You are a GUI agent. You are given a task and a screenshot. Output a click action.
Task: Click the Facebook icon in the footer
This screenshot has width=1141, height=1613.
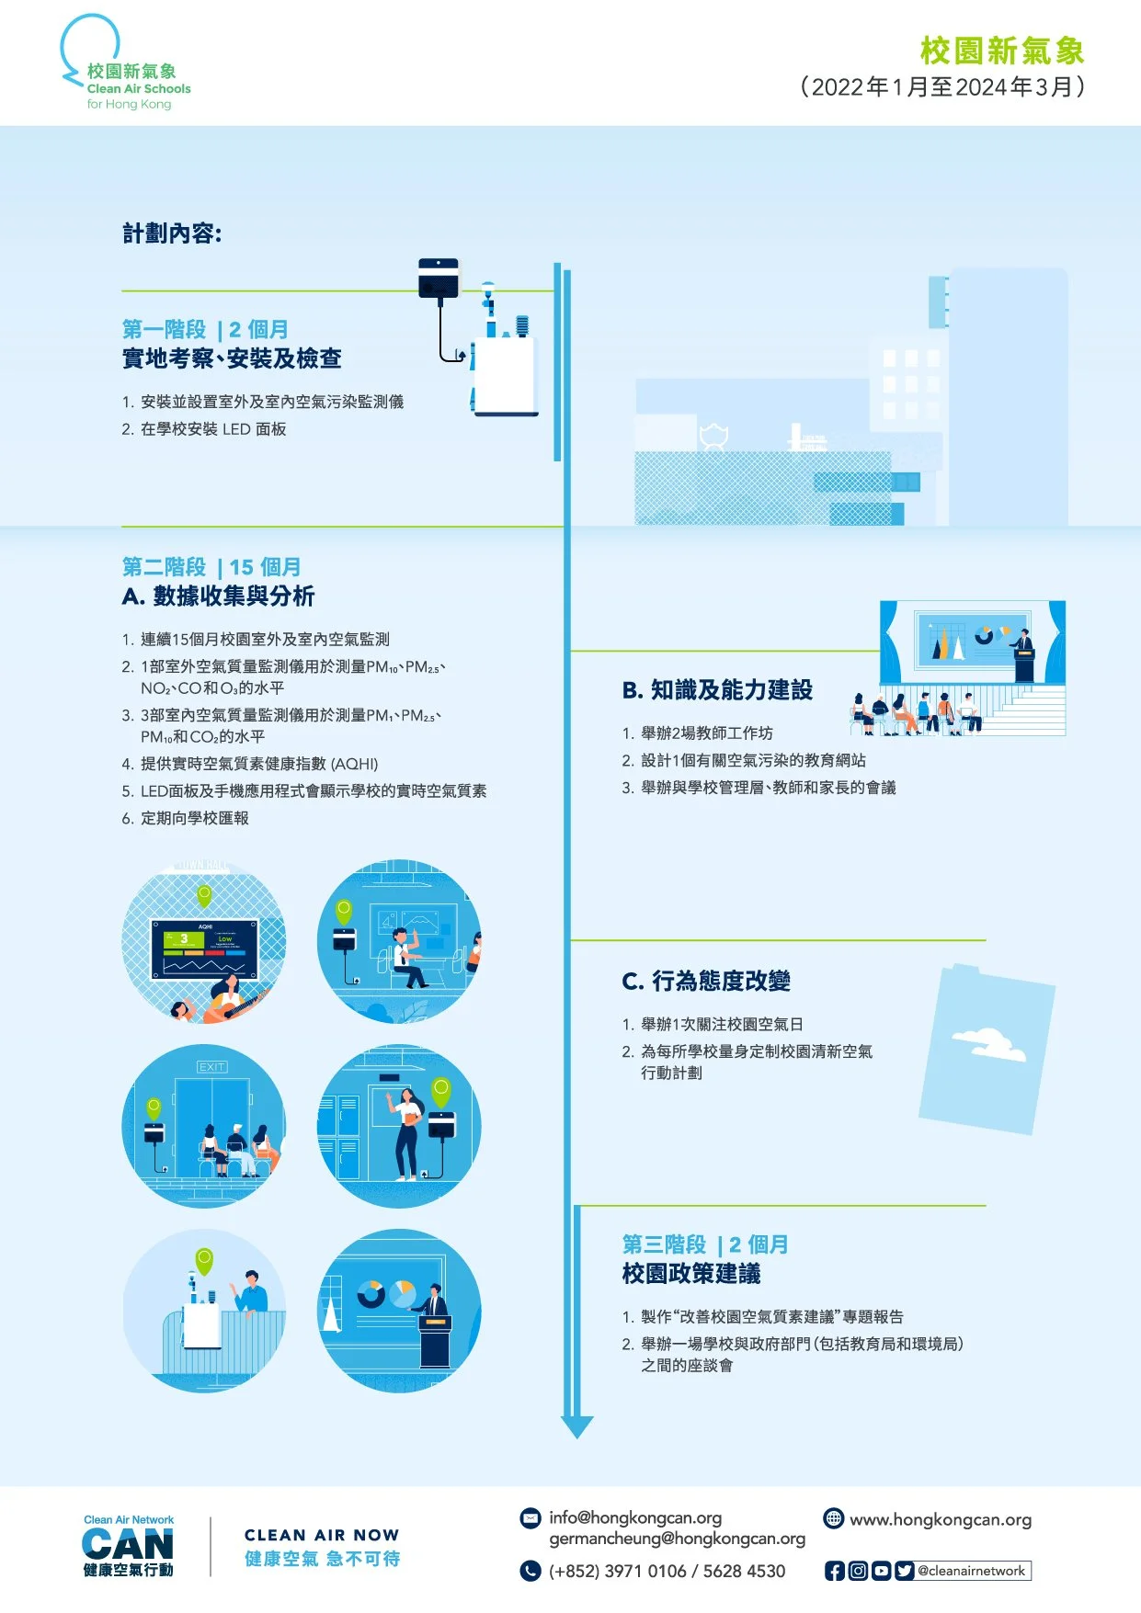point(834,1571)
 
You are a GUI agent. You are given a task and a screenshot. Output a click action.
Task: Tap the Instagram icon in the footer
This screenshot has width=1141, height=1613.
point(857,1571)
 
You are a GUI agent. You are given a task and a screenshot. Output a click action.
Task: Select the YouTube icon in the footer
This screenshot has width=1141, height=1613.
point(881,1571)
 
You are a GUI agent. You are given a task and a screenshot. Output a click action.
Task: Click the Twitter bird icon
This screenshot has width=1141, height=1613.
point(904,1571)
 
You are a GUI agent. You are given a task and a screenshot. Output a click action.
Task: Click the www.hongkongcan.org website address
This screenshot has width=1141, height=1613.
point(940,1520)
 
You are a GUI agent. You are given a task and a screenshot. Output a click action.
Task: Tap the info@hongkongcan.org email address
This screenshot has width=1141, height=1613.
point(634,1517)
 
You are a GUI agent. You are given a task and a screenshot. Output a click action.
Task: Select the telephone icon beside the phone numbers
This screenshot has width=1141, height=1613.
point(531,1571)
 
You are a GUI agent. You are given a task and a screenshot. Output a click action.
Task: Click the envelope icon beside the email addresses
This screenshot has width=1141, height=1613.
point(531,1518)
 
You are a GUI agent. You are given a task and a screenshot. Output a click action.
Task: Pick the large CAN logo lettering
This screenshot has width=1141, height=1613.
point(128,1544)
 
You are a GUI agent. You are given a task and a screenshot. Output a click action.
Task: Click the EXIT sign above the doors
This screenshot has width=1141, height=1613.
point(211,1067)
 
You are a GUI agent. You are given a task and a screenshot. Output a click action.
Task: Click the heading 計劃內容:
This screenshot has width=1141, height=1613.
point(172,233)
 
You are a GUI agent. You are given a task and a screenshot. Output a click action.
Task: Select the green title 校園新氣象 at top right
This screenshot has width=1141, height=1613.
point(1001,51)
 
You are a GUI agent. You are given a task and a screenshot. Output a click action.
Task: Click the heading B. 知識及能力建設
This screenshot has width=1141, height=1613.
point(717,690)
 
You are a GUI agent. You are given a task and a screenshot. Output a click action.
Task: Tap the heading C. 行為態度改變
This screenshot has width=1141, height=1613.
point(706,982)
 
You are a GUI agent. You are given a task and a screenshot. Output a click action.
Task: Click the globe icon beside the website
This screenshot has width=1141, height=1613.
point(833,1518)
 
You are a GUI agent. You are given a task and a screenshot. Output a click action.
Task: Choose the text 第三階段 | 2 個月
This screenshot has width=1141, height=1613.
point(704,1244)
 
